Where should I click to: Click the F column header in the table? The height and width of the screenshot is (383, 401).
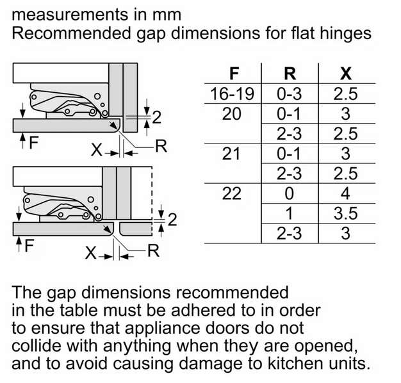(234, 74)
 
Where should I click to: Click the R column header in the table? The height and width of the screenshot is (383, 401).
(290, 74)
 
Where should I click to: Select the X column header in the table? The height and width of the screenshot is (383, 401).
(346, 74)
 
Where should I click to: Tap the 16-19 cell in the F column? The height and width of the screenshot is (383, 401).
(233, 94)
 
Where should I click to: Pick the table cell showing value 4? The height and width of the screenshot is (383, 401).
(345, 193)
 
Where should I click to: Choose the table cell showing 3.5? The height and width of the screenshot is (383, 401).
(345, 213)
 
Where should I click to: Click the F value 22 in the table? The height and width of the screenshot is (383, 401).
(232, 193)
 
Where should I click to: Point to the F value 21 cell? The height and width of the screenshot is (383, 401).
(231, 154)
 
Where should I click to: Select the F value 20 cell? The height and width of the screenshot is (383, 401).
(231, 114)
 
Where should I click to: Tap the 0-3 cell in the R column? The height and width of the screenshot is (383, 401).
(290, 94)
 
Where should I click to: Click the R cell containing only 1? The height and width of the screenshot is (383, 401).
(290, 213)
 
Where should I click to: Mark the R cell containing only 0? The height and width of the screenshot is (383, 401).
(290, 193)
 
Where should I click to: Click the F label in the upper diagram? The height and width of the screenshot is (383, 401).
(33, 142)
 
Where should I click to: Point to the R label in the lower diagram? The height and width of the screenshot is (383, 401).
(153, 250)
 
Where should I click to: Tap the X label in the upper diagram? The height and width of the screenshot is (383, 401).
(97, 150)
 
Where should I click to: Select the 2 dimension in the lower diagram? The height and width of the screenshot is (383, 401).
(172, 220)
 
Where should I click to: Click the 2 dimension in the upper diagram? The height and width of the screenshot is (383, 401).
(156, 117)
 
